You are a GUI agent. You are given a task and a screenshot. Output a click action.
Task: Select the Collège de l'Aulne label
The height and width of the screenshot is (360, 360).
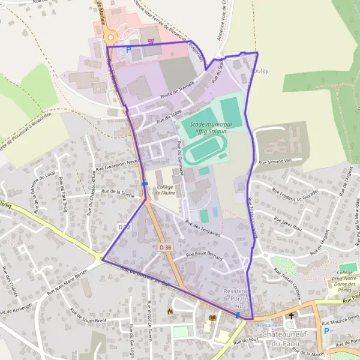click(x=169, y=191)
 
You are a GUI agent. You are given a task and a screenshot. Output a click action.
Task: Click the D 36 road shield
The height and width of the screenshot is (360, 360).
click(x=166, y=247)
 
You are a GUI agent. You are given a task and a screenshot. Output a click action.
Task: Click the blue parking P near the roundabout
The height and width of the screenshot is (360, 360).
click(x=128, y=50)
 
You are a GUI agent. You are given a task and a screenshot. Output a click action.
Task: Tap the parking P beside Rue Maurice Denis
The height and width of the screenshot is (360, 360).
click(x=326, y=331)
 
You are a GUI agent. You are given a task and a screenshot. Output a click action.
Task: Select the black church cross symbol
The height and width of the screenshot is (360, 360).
click(x=292, y=316)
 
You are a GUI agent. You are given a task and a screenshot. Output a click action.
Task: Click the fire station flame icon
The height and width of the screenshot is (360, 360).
click(x=170, y=311)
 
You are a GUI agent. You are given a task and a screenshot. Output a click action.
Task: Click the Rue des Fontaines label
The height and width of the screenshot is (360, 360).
click(x=204, y=228)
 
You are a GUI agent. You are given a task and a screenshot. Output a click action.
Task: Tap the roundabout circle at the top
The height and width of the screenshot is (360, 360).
click(x=110, y=37)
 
